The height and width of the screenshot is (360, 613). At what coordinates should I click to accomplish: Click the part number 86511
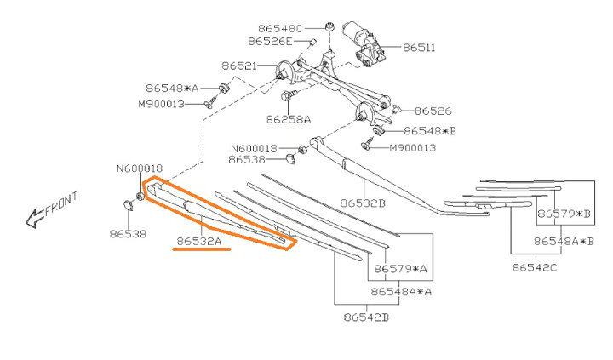point(418,49)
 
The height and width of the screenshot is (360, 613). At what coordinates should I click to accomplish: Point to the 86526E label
point(271,41)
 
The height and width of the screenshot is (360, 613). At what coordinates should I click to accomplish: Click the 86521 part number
point(238,66)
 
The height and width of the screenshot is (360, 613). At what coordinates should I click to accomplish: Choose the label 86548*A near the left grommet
point(171,88)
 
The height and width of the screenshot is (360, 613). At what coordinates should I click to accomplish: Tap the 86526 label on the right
point(433,111)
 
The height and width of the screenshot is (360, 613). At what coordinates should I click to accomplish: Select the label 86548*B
point(430,131)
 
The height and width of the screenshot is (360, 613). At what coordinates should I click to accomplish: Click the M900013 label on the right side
point(412,147)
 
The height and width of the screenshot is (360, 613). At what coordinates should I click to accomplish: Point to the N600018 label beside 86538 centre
point(253,147)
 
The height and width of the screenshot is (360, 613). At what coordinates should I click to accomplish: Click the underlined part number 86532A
point(199,242)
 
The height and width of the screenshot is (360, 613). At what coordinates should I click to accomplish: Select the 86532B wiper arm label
point(363,203)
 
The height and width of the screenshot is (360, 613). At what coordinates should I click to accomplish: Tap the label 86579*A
point(399,269)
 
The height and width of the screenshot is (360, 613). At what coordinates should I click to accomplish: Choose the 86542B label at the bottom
point(366,317)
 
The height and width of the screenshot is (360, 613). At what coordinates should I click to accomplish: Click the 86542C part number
point(535,268)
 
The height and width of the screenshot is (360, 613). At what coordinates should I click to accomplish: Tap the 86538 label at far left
point(128,232)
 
